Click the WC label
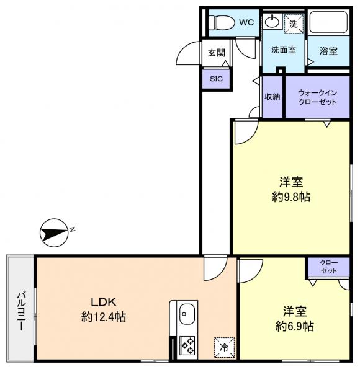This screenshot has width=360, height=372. (x=246, y=22)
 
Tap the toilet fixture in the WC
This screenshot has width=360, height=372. (x=221, y=22)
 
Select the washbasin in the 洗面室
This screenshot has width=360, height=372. (x=272, y=22)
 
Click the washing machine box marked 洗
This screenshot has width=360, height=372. (x=294, y=24)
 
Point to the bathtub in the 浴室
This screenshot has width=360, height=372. (x=328, y=22)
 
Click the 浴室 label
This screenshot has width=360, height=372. (x=328, y=51)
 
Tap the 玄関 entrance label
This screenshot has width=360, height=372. (x=217, y=53)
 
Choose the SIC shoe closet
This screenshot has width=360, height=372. (x=216, y=79)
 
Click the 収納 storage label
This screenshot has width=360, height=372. (x=272, y=97)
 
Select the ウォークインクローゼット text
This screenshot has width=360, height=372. (x=318, y=97)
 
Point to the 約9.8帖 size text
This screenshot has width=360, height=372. (x=291, y=197)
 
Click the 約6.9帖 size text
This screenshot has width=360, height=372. (x=295, y=327)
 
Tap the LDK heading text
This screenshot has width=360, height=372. (x=104, y=302)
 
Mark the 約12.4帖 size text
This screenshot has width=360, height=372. (x=104, y=317)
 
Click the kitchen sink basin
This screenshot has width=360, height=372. (x=187, y=314)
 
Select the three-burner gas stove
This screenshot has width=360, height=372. (x=187, y=345)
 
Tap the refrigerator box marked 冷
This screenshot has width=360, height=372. (x=224, y=347)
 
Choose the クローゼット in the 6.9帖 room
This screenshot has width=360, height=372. (x=328, y=267)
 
